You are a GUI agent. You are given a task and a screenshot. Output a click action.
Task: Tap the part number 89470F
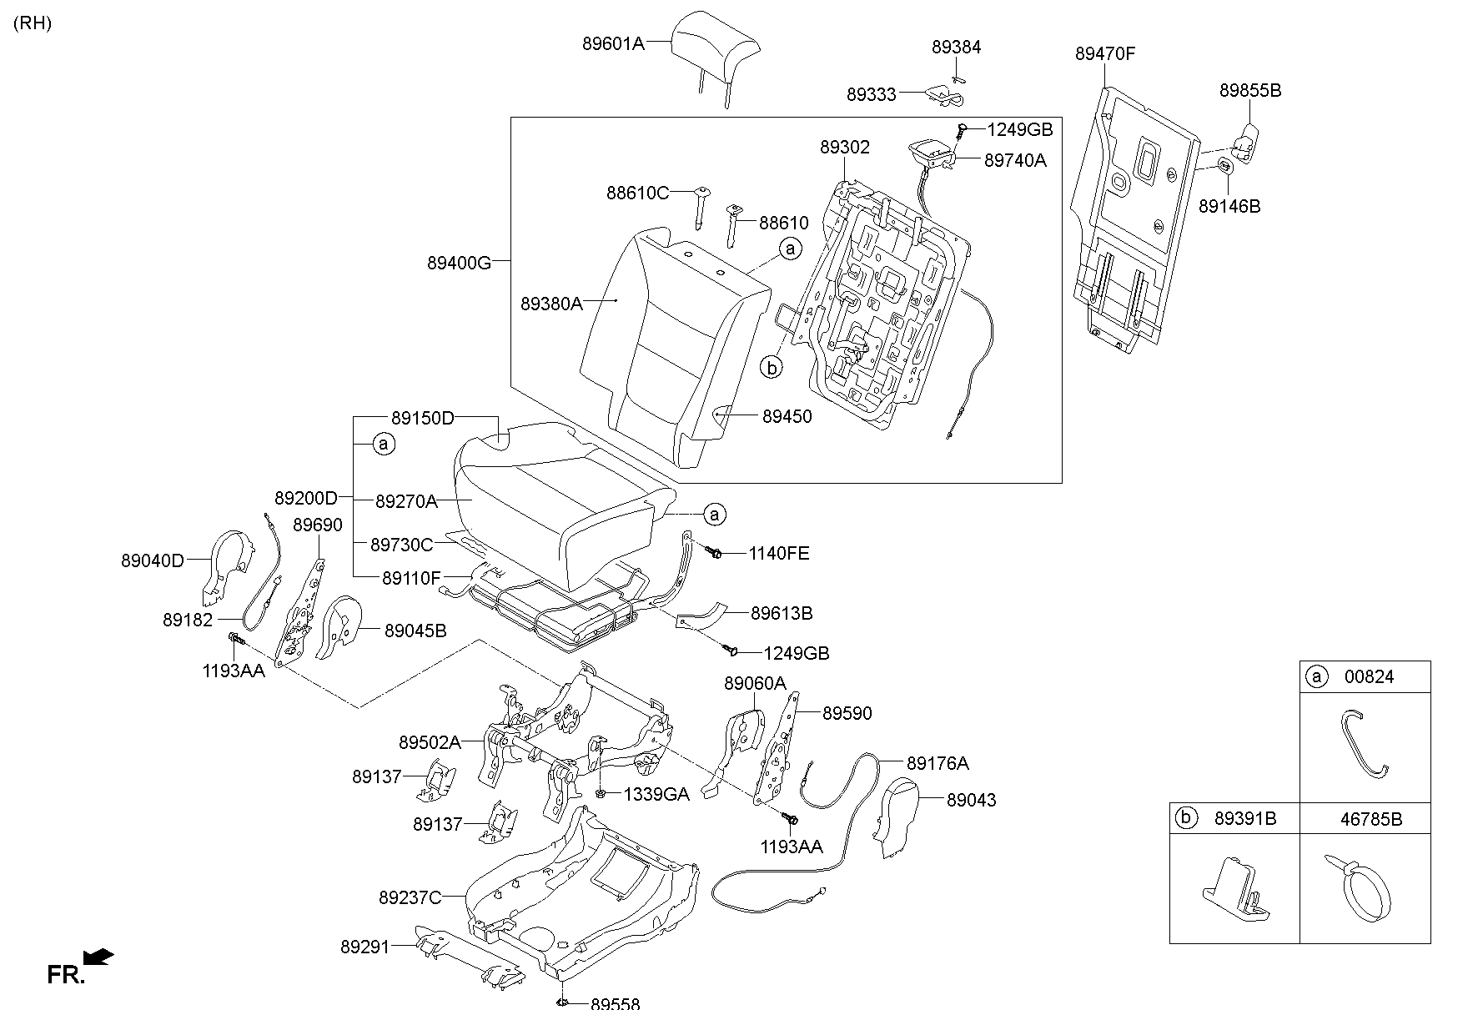(1104, 54)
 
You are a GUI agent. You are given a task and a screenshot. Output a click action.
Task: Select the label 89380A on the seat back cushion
(551, 304)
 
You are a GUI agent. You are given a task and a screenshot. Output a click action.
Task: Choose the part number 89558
(615, 1004)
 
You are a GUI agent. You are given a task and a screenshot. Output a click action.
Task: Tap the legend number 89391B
(1244, 819)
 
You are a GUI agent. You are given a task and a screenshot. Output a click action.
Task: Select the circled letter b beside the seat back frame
(772, 367)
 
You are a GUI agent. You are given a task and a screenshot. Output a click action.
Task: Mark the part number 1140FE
(778, 554)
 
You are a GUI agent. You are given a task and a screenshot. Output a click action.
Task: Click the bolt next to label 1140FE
(714, 551)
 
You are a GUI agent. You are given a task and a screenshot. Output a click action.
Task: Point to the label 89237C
(410, 897)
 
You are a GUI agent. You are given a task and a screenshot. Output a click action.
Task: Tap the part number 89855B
(1249, 91)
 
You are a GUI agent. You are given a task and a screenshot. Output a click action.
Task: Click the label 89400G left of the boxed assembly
(459, 263)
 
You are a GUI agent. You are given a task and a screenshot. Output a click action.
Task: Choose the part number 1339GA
(656, 795)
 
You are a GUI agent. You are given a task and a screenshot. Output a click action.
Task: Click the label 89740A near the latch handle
(1014, 160)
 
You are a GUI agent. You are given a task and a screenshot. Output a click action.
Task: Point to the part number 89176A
(938, 763)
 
